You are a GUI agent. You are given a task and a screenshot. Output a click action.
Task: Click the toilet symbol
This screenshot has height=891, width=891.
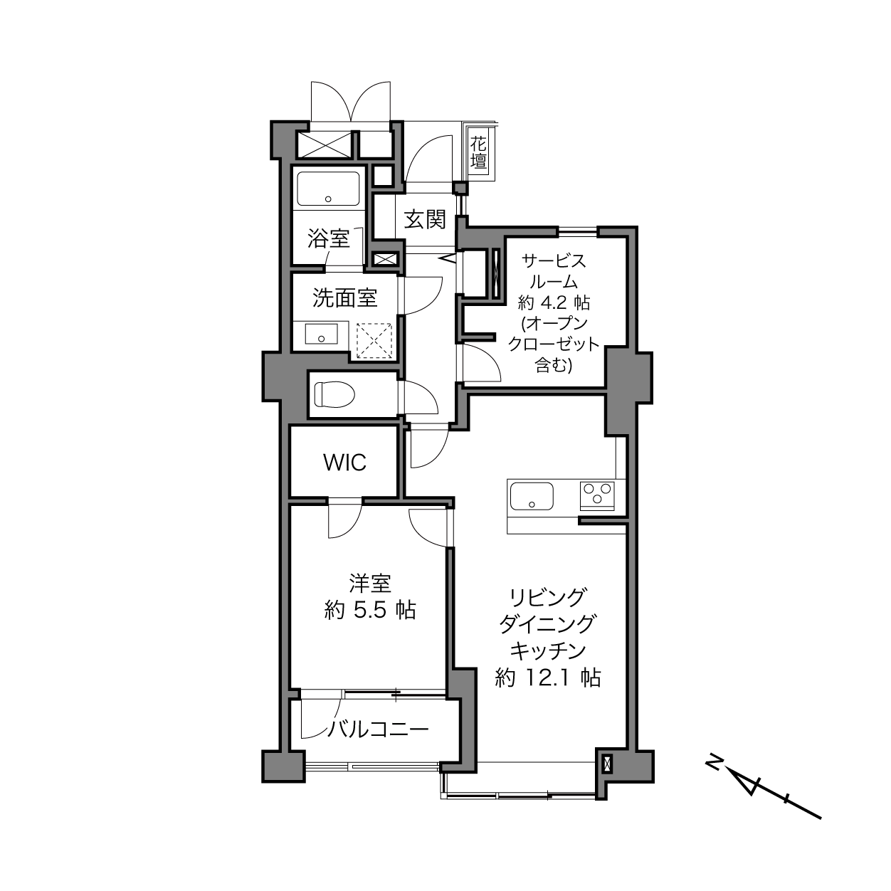334,394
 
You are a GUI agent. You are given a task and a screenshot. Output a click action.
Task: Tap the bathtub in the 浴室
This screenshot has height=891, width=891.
328,189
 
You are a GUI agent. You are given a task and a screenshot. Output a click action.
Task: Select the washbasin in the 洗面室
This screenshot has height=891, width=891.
322,333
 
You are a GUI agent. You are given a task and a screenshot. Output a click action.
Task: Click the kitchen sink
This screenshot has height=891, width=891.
532,496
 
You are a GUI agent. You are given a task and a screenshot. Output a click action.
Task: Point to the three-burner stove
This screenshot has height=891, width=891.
597,496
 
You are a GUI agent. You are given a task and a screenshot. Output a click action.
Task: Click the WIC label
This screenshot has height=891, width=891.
345,463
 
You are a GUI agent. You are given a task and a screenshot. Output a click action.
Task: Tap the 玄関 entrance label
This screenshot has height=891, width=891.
425,220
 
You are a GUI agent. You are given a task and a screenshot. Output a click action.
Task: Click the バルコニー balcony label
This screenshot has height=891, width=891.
378,730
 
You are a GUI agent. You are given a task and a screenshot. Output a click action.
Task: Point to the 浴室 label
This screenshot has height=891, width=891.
328,238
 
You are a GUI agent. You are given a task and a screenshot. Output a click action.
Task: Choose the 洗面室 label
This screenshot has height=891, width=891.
345,297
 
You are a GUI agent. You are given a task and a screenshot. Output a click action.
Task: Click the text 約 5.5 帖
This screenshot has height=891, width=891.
370,611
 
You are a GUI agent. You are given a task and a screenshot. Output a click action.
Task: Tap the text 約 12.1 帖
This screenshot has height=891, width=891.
547,678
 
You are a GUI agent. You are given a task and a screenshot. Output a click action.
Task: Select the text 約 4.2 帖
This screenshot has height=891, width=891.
554,303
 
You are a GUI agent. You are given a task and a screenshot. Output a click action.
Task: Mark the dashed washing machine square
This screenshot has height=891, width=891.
374,341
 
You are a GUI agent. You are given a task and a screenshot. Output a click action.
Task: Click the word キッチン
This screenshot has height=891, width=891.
548,651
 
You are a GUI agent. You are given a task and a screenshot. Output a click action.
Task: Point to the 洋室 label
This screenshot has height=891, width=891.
370,584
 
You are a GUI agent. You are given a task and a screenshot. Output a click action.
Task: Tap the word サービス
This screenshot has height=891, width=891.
554,262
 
